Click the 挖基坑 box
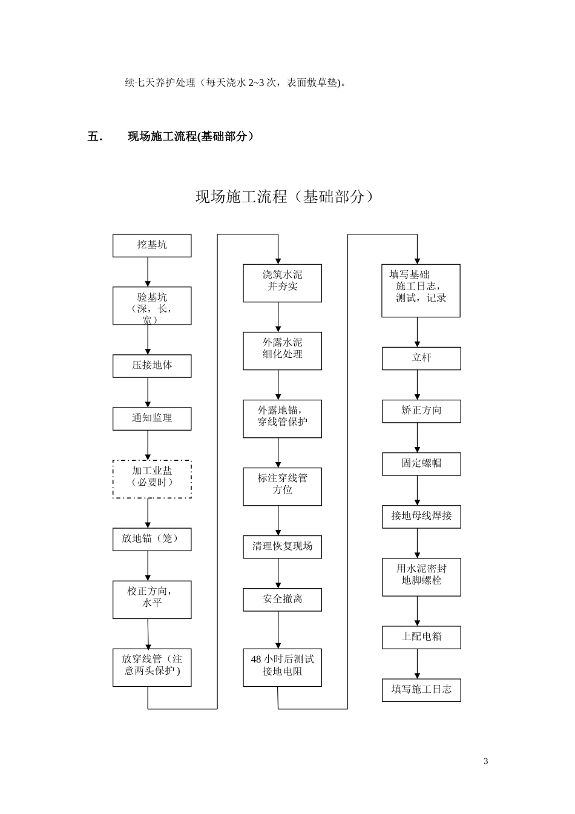[152, 245]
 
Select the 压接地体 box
[152, 366]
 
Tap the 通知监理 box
[152, 419]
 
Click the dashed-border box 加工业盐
[152, 478]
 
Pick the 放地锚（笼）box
[152, 539]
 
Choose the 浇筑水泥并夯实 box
[282, 283]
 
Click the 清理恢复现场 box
[282, 547]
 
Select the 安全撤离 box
[282, 600]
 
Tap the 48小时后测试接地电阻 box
[282, 667]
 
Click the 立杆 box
[421, 359]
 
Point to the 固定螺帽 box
[421, 464]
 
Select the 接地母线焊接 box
[421, 517]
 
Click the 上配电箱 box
[421, 637]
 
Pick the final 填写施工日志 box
[421, 690]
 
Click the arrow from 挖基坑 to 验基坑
[148, 271]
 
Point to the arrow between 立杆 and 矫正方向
[417, 385]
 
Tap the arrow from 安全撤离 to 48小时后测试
[278, 630]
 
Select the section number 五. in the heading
[95, 136]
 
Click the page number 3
[485, 761]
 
